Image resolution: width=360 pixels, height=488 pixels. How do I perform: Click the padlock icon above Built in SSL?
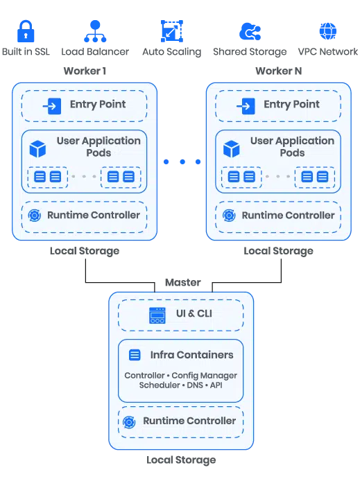coord(26,31)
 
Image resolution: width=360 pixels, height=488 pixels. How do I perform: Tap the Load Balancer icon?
coord(95,31)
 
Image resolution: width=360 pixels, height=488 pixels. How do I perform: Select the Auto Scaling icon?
coord(171,31)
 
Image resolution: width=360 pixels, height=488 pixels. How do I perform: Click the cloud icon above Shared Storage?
coord(250,31)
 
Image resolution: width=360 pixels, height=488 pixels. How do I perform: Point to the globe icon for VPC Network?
coord(328,31)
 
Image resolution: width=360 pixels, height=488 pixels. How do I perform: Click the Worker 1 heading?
coord(85,71)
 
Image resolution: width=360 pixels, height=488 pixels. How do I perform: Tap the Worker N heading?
coord(278,71)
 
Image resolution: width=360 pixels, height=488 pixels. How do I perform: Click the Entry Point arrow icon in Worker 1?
coord(52,106)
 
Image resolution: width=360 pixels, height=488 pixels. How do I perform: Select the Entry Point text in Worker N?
coord(291,104)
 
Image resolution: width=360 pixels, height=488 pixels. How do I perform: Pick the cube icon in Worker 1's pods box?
coord(37,149)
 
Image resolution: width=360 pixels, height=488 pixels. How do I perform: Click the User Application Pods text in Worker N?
coord(292,146)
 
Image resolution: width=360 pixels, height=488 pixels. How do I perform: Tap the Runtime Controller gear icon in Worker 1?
coord(34,215)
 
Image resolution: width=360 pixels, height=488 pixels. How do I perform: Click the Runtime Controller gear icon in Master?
coord(129,422)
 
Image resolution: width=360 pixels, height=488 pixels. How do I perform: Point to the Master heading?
coord(183,282)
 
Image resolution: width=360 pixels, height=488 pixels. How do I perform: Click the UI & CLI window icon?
coord(157,315)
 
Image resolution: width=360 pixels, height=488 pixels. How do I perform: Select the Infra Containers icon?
coord(135,355)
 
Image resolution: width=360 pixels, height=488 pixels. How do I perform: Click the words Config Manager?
coord(205,376)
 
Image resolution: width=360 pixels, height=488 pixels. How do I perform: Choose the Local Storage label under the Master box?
coord(181,460)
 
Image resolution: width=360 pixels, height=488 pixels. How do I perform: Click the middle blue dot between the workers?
coord(182,162)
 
